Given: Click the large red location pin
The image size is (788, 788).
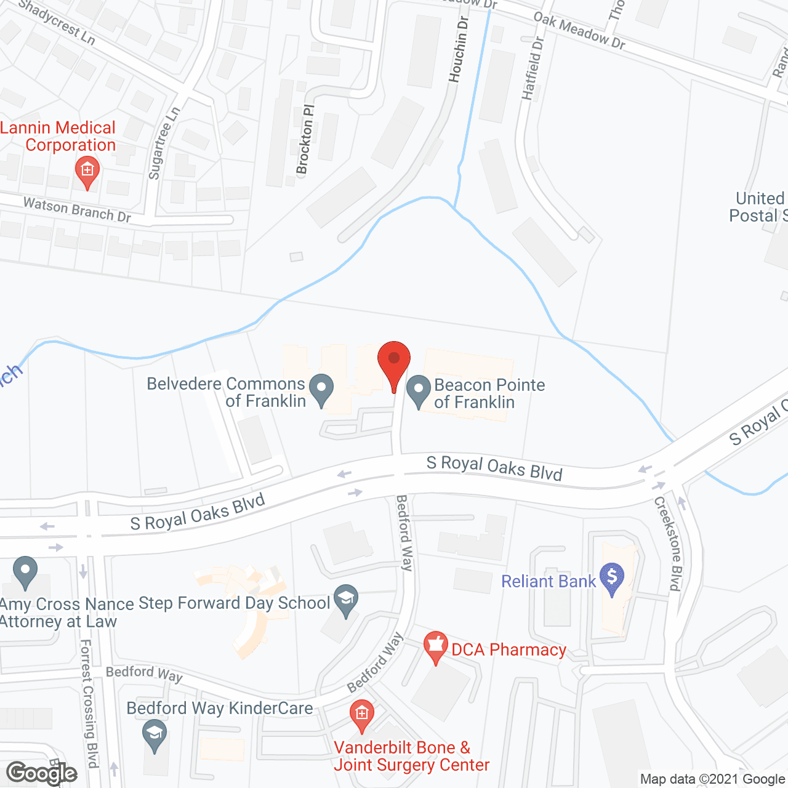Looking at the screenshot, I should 393,360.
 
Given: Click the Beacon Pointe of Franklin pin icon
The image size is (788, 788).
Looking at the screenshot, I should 419,390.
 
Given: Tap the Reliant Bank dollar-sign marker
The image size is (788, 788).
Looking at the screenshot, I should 612,578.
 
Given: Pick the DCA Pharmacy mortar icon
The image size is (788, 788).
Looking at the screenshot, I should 436,646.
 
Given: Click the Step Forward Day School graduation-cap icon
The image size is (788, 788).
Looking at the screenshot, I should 346,600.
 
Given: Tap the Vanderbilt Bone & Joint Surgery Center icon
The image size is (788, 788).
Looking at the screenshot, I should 361,715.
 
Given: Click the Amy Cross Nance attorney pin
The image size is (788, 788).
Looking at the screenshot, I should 25,571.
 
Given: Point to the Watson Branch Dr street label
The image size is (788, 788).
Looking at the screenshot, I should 77,209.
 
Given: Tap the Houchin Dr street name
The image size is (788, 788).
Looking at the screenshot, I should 458,49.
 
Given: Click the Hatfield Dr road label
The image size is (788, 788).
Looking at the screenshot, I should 533,68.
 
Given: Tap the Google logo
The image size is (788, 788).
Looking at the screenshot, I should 42,773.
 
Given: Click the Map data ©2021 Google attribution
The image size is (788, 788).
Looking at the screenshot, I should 712,779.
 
